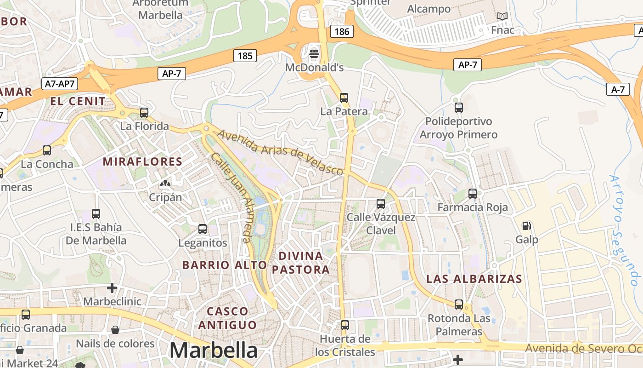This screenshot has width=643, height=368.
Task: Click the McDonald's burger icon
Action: point(314,53)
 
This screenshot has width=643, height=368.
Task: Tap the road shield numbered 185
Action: point(245,56)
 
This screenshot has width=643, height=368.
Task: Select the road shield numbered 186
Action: point(342,31)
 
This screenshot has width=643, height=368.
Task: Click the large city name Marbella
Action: point(214,351)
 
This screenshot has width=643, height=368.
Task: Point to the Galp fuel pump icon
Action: point(527,226)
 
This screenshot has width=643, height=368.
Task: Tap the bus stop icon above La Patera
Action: point(344,98)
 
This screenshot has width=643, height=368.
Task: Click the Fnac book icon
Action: point(502,17)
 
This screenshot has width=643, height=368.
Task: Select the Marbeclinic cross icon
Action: point(112,288)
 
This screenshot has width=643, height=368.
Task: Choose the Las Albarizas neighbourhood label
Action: point(474,279)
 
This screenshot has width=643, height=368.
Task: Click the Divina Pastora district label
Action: point(301,263)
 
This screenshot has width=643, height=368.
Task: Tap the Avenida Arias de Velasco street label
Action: point(281,153)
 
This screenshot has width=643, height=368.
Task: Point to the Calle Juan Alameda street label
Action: point(231,197)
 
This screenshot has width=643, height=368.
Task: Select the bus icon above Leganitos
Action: point(203,229)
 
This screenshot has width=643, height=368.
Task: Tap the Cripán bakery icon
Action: point(165,184)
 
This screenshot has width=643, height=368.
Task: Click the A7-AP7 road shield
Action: point(60,84)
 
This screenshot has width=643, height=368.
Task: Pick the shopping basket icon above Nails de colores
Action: point(115,330)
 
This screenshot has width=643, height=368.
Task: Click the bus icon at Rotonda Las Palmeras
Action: point(458,304)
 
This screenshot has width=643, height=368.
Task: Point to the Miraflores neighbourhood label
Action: point(142,161)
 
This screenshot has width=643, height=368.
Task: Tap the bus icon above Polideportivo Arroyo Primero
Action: point(458,108)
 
